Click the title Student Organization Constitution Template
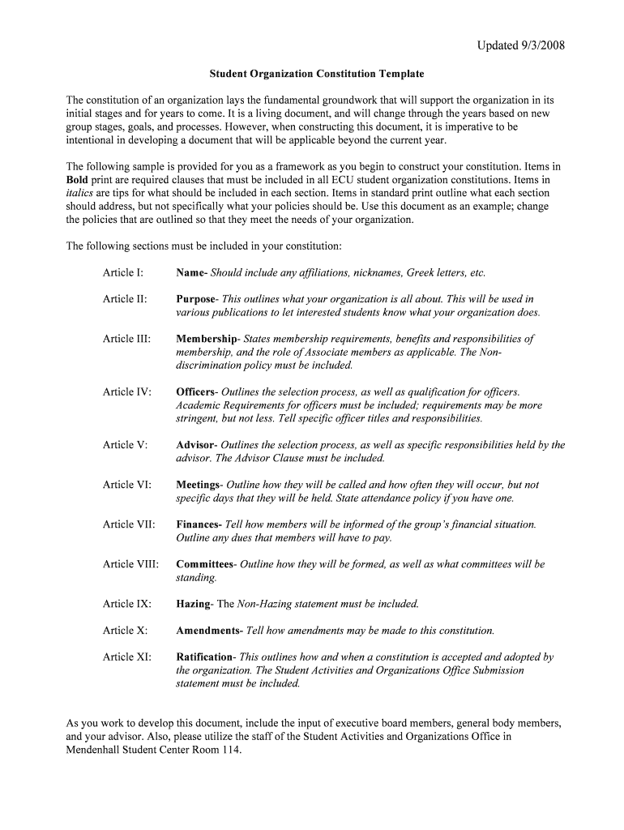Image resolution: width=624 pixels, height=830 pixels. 317,74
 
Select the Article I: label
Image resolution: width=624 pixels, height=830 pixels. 123,272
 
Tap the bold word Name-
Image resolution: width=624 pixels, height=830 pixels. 192,272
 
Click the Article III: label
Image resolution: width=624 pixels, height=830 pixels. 126,339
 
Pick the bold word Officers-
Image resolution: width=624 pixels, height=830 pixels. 197,391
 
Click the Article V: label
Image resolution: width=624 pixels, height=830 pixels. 125,445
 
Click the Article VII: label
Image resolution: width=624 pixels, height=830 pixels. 129,524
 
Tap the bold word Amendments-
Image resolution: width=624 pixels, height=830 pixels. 209,631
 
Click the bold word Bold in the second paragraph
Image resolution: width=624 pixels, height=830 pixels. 78,180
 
